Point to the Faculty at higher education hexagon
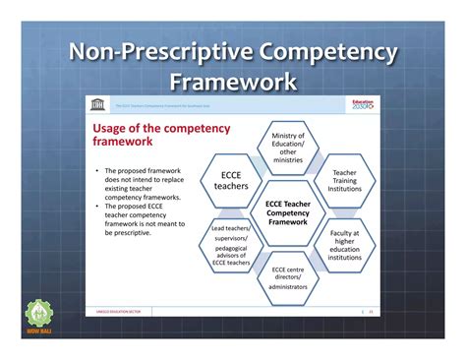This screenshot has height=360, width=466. pos(344,247)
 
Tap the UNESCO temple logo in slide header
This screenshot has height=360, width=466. pos(97,104)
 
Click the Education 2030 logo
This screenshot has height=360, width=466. pos(362,104)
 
